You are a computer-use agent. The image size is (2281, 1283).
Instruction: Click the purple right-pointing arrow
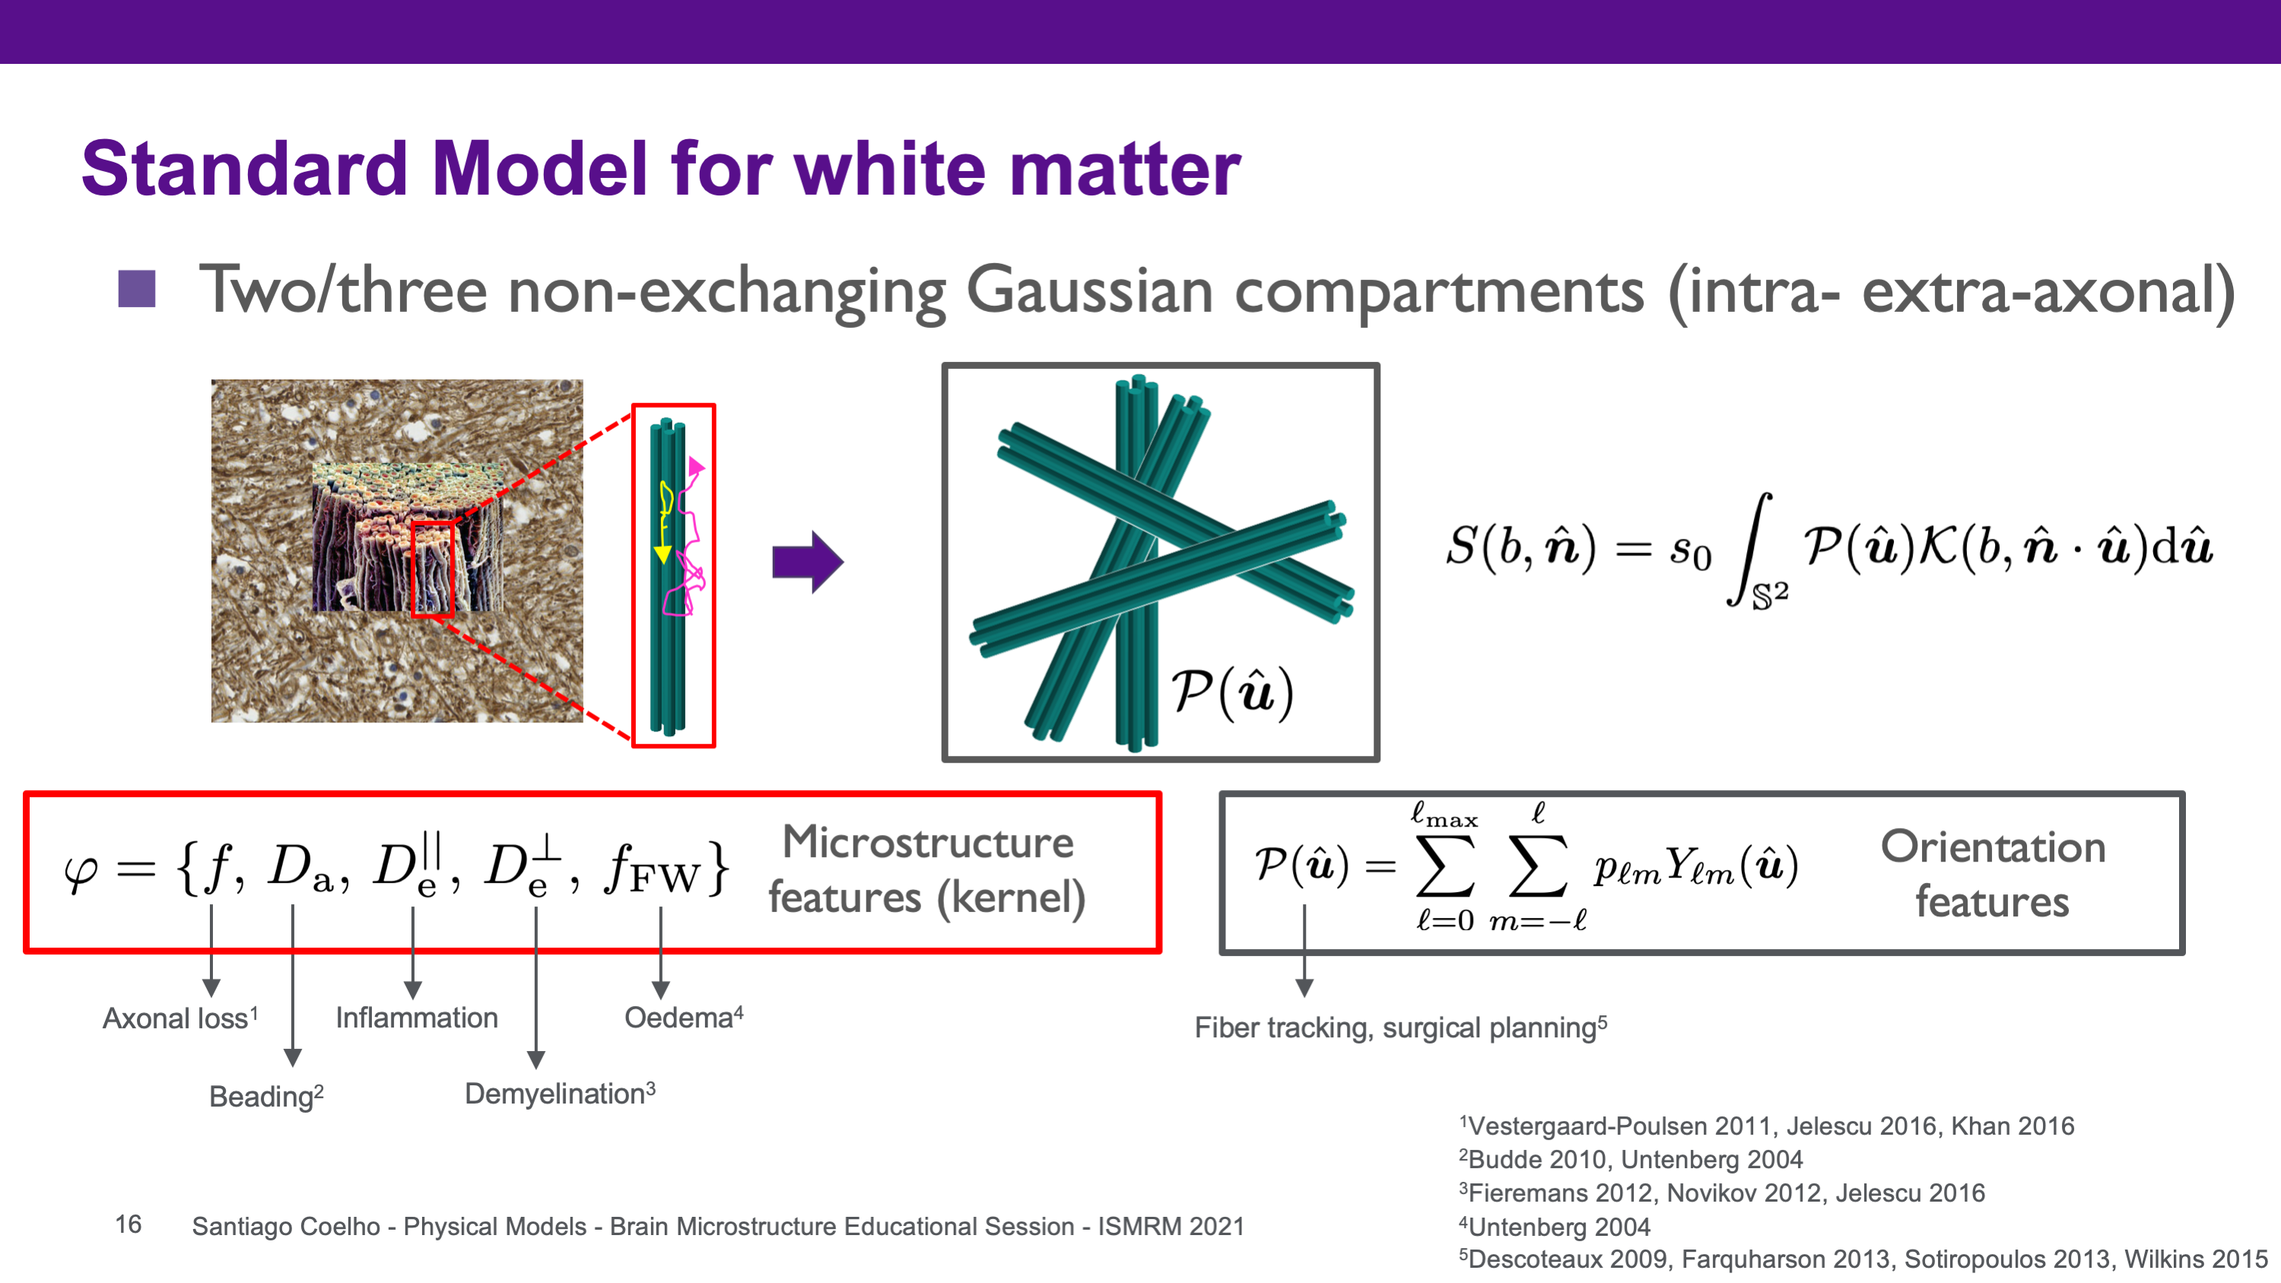[x=808, y=562]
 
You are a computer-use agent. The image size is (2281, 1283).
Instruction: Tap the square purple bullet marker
[x=136, y=289]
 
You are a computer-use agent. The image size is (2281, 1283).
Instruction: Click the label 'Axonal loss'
[x=180, y=1018]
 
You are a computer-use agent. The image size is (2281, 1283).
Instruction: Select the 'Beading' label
[x=266, y=1096]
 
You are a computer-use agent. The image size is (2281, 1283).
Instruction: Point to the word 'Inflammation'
[x=417, y=1018]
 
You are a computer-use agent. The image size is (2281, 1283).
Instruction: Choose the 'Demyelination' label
[x=561, y=1094]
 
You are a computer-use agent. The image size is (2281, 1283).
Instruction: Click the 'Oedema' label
[x=684, y=1018]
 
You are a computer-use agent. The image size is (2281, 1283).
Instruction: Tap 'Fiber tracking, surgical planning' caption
[x=1401, y=1028]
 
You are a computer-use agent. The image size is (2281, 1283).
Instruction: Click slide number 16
[x=129, y=1224]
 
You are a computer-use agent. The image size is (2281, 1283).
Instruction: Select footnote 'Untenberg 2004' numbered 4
[x=1555, y=1226]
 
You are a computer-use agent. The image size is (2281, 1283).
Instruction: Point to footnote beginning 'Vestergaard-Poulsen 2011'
[x=1767, y=1126]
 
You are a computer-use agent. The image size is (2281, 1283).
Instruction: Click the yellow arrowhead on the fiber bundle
[x=662, y=554]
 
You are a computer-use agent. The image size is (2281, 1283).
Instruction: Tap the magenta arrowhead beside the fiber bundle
[x=696, y=465]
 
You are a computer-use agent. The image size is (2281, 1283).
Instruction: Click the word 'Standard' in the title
[x=244, y=168]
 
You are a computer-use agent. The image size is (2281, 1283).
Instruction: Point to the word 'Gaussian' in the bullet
[x=1089, y=291]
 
